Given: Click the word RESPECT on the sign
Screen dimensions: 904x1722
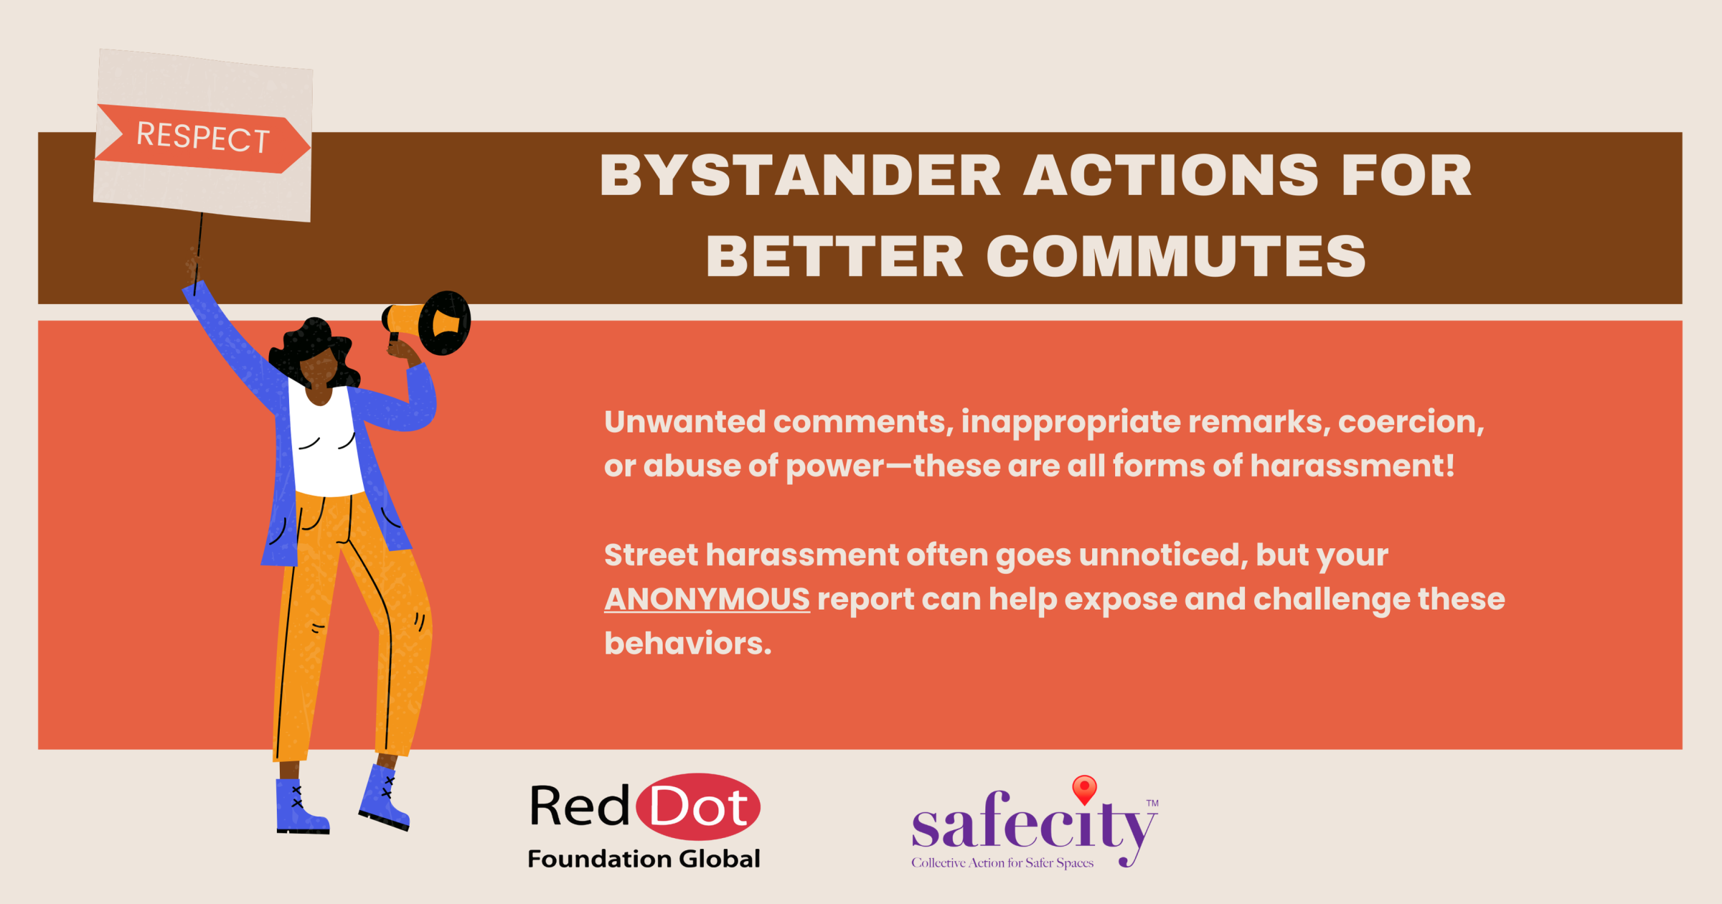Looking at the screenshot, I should [x=203, y=137].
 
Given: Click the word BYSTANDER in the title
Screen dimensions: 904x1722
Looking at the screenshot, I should [x=800, y=176].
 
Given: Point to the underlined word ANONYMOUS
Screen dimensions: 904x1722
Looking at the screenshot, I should [x=707, y=599].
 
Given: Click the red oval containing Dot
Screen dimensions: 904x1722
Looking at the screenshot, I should [x=697, y=807].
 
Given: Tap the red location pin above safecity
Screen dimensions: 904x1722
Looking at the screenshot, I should [x=1084, y=790].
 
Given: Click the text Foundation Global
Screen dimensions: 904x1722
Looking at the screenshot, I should [x=644, y=859].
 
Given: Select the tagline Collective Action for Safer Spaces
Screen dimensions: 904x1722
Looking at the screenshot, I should [x=1002, y=863].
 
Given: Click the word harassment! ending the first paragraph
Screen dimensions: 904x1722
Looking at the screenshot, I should [x=1352, y=466].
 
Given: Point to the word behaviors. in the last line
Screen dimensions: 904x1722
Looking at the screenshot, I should [x=687, y=644].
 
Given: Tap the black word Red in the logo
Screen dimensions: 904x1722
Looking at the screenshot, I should [x=579, y=806].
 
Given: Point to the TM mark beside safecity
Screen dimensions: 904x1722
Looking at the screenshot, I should [x=1152, y=804].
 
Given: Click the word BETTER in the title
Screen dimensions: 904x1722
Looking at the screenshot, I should [x=834, y=257].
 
